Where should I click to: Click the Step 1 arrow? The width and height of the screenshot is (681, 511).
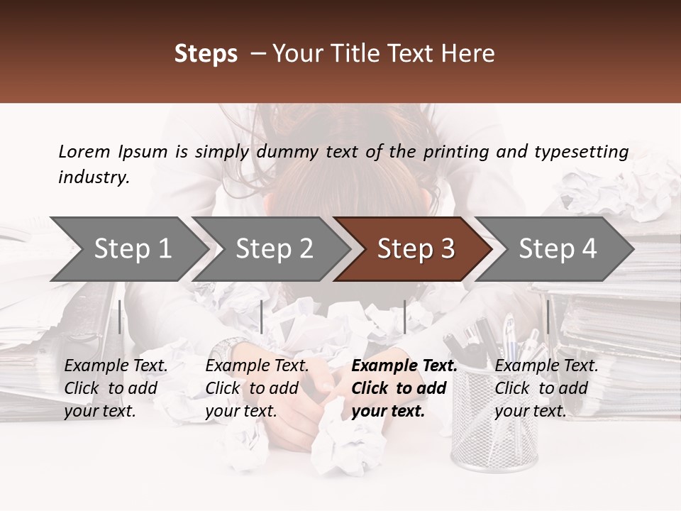(x=128, y=249)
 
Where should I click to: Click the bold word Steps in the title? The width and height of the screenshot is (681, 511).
(x=206, y=54)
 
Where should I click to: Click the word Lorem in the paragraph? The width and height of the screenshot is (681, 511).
(x=84, y=151)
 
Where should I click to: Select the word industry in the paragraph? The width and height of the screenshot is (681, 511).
(x=93, y=177)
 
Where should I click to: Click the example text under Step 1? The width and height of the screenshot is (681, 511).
(x=116, y=388)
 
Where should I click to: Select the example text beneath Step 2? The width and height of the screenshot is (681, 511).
(x=257, y=388)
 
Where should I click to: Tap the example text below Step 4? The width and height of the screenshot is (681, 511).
(x=546, y=388)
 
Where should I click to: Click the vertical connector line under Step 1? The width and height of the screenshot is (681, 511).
(x=120, y=317)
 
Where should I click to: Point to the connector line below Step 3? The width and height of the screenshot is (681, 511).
(x=404, y=317)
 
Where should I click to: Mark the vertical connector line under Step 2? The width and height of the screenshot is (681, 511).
(x=262, y=317)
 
